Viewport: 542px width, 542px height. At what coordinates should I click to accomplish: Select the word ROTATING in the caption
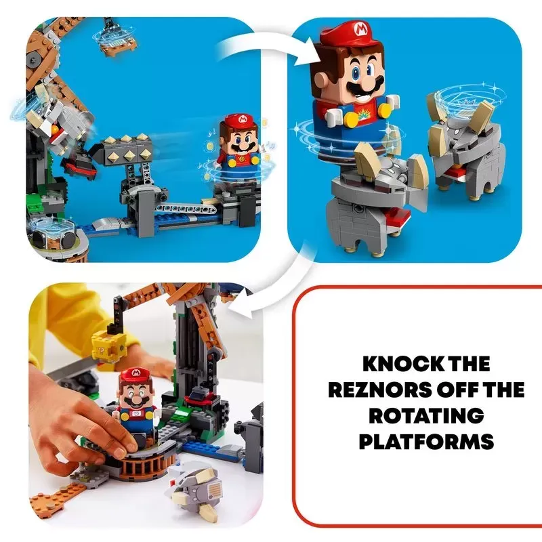coord(426,416)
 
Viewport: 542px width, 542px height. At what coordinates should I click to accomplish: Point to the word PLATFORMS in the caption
coord(426,442)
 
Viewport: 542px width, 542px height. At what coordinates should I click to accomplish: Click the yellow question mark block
coord(105,346)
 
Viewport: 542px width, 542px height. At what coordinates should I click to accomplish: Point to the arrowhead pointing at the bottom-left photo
coord(240,301)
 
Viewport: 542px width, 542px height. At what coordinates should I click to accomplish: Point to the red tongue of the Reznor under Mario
coord(395,218)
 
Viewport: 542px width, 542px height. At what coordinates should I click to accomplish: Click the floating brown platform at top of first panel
coord(118,41)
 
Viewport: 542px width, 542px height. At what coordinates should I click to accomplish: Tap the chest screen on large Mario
coord(368,110)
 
